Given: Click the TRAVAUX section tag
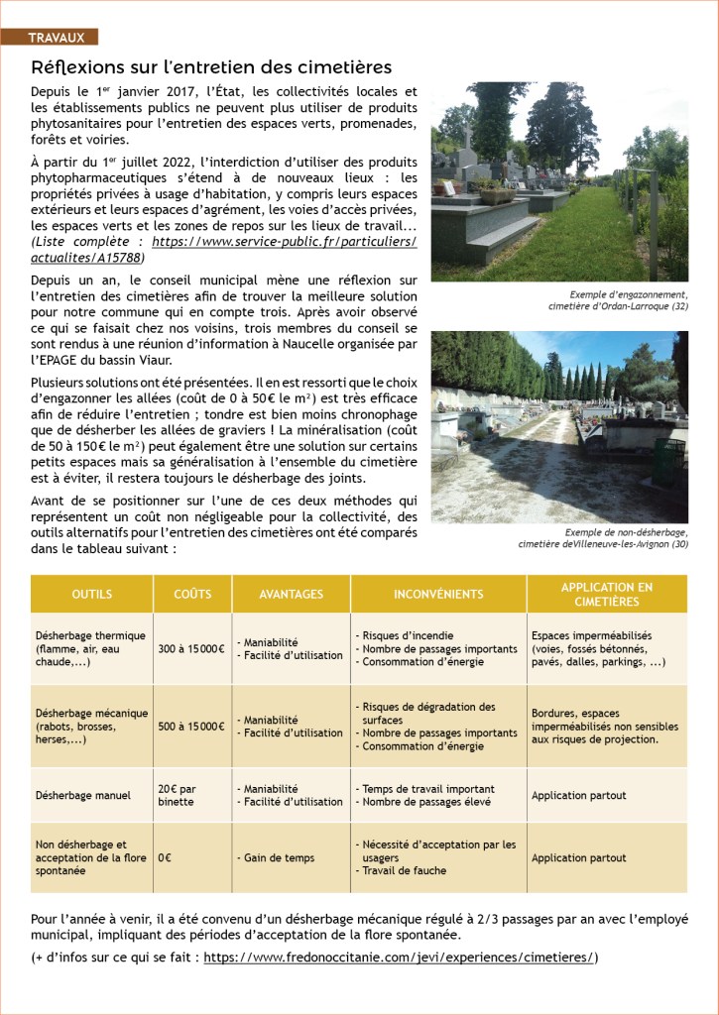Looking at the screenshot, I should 57,38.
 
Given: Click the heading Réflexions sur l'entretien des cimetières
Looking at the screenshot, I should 211,67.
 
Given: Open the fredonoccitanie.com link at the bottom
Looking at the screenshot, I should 399,957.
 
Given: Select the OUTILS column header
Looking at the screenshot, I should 92,594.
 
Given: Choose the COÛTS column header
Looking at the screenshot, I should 192,594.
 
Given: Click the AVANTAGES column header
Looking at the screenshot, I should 291,594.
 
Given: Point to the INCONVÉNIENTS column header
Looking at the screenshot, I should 438,594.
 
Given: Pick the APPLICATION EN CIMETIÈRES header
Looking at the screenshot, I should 606,594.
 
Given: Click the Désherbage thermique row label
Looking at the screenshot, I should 90,648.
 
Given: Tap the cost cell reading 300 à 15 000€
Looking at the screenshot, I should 191,649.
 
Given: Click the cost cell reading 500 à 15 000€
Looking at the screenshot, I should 191,726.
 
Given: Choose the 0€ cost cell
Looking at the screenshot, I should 165,857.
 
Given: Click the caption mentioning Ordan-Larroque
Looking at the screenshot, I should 617,300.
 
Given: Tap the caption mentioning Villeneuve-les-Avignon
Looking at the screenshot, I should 603,538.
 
